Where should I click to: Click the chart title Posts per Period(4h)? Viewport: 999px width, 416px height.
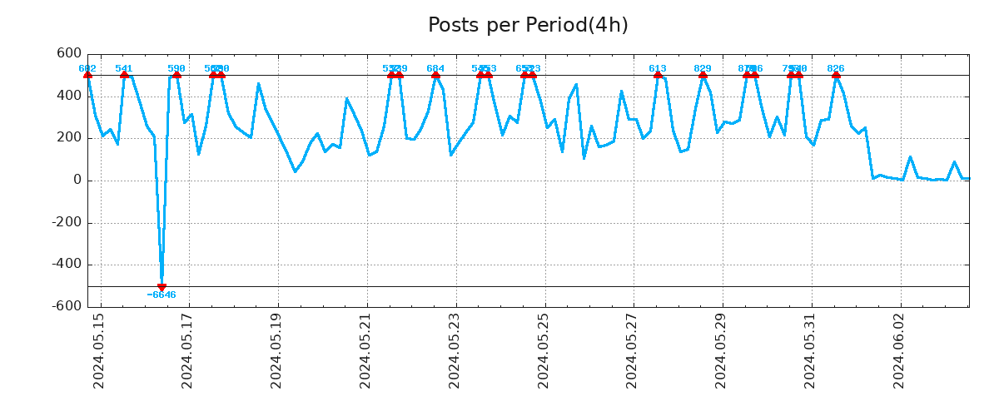(528, 26)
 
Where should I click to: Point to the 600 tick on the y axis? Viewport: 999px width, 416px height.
(69, 54)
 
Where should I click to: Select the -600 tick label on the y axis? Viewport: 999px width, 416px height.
(66, 306)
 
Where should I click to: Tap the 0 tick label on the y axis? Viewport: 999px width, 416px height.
(77, 181)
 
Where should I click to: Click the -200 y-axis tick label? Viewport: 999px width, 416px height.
(66, 223)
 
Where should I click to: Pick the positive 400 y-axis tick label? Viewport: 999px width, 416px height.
(69, 96)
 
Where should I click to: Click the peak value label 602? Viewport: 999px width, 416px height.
(87, 68)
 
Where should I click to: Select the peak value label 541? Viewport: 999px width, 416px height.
(124, 68)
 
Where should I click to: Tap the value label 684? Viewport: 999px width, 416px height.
(435, 68)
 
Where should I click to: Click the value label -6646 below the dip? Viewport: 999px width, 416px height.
(162, 295)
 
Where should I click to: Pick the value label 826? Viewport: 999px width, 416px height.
(836, 68)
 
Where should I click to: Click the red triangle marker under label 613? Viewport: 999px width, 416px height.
(658, 75)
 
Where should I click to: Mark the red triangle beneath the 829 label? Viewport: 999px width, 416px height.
(703, 75)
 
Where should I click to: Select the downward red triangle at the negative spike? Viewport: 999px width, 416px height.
(162, 287)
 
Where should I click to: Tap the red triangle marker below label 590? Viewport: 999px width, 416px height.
(176, 75)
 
